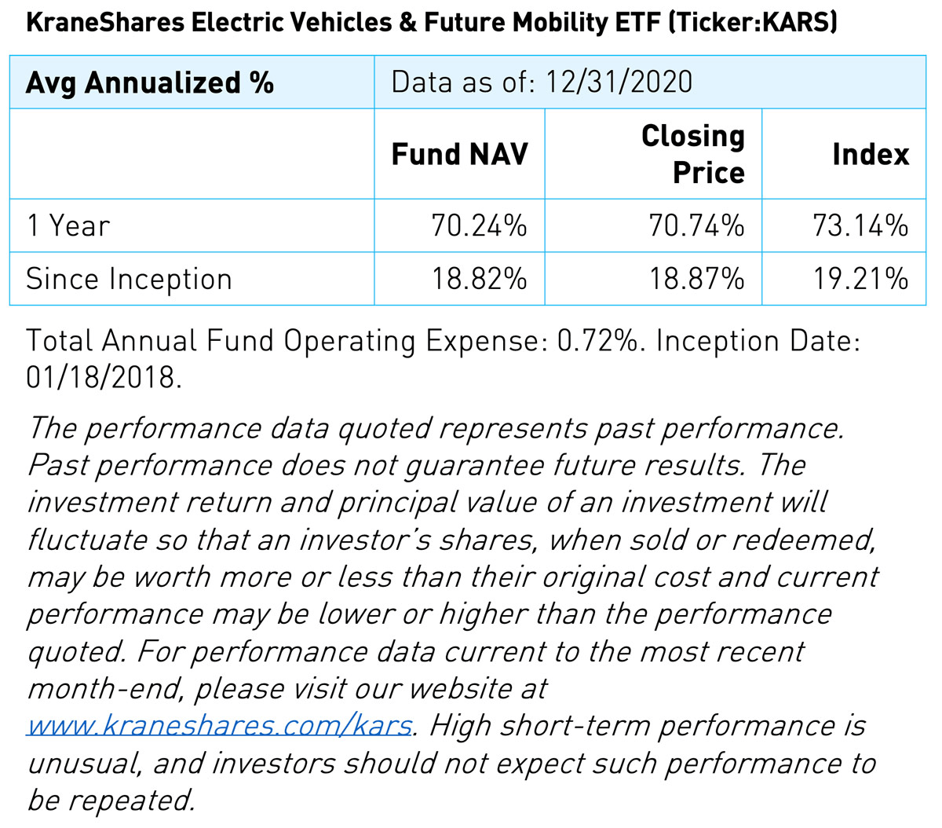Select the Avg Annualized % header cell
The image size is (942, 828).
pyautogui.click(x=149, y=82)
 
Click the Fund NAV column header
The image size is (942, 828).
pyautogui.click(x=460, y=154)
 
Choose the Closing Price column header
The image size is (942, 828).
pyautogui.click(x=692, y=154)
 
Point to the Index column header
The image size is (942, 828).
pyautogui.click(x=870, y=154)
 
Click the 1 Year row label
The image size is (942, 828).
pyautogui.click(x=68, y=226)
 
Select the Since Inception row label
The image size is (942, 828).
pyautogui.click(x=129, y=280)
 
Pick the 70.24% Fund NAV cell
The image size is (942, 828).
pyautogui.click(x=479, y=226)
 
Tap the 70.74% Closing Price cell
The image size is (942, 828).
pyautogui.click(x=696, y=226)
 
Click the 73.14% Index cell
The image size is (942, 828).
pyautogui.click(x=860, y=226)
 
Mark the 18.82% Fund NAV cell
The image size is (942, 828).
pyautogui.click(x=479, y=280)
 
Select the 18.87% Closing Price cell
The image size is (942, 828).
pyautogui.click(x=696, y=280)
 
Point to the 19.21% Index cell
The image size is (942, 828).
pyautogui.click(x=860, y=280)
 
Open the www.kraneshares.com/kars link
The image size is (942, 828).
pyautogui.click(x=219, y=725)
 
